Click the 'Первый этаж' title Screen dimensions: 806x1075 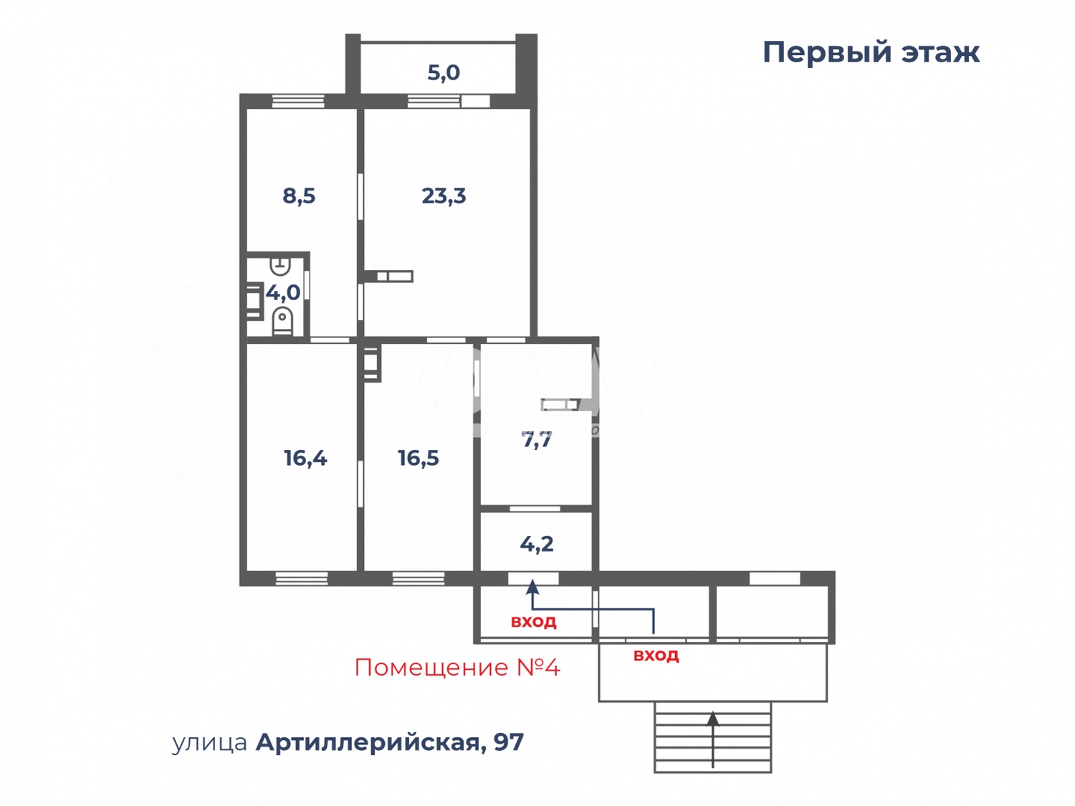pyautogui.click(x=870, y=52)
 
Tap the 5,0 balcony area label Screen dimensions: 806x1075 pyautogui.click(x=444, y=72)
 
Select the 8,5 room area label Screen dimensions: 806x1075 pyautogui.click(x=299, y=196)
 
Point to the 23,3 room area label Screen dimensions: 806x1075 pyautogui.click(x=444, y=196)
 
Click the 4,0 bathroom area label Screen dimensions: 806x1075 pyautogui.click(x=283, y=292)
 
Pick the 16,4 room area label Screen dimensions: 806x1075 pyautogui.click(x=305, y=458)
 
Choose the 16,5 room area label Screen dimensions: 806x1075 pyautogui.click(x=419, y=458)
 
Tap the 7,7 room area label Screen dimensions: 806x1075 pyautogui.click(x=537, y=440)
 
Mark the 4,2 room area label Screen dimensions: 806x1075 pyautogui.click(x=537, y=544)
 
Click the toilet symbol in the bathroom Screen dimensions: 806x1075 pyautogui.click(x=282, y=321)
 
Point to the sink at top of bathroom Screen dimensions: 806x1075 pyautogui.click(x=280, y=266)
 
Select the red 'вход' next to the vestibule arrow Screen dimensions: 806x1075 pyautogui.click(x=534, y=622)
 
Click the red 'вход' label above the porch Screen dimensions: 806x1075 pyautogui.click(x=656, y=656)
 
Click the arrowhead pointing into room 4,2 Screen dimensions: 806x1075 pyautogui.click(x=532, y=587)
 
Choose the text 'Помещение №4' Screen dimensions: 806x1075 pyautogui.click(x=457, y=668)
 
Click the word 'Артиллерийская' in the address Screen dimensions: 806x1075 pyautogui.click(x=367, y=742)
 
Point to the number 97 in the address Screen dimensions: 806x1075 pyautogui.click(x=508, y=742)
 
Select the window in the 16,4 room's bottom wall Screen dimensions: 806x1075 pyautogui.click(x=302, y=578)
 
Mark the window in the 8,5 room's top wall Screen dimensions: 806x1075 pyautogui.click(x=298, y=101)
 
